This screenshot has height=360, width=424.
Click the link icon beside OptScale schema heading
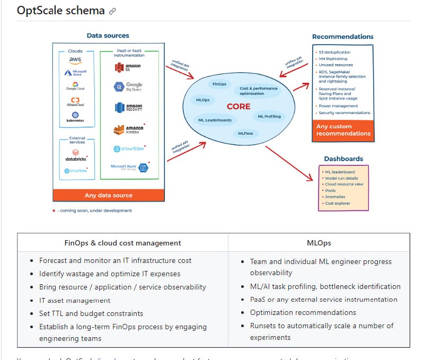(x=112, y=11)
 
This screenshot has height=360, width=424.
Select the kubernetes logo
(x=75, y=117)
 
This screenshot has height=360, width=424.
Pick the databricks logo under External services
(x=76, y=157)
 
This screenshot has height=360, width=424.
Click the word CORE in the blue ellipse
(x=238, y=106)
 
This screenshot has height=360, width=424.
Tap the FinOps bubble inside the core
(x=219, y=84)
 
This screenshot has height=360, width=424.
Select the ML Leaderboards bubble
(x=215, y=120)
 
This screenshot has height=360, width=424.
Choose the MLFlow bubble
(x=245, y=134)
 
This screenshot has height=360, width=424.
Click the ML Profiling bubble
(x=269, y=116)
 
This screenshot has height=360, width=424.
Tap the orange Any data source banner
(x=109, y=195)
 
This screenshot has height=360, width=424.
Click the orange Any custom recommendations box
(x=343, y=130)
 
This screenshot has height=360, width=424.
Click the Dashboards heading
(x=343, y=159)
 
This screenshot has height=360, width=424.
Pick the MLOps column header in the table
(x=319, y=243)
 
